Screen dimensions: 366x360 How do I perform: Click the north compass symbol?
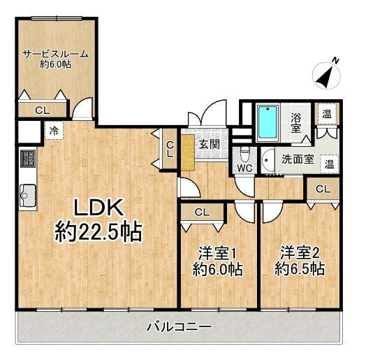coord(327,75)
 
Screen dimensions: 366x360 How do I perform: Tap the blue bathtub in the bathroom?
coord(268,122)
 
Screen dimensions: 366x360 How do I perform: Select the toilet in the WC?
coord(244,155)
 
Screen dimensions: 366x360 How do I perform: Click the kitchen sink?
coord(28,195)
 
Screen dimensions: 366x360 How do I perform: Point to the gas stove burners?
coord(28,159)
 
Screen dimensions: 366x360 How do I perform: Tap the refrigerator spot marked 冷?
coord(54,131)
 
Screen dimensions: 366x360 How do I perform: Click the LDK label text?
coord(98,207)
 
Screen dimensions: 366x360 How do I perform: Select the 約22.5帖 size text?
coord(98,232)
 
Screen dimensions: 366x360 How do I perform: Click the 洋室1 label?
coord(217,254)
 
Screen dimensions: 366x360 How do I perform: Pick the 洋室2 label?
coord(300,254)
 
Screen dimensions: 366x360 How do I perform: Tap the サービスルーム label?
coord(56,55)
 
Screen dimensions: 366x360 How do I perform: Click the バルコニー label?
coord(180,327)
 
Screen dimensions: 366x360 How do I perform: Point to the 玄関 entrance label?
coord(210,144)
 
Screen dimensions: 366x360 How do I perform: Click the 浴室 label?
coord(296,123)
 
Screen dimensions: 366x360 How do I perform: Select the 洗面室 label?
coord(298,159)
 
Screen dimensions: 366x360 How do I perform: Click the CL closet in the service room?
coord(43,110)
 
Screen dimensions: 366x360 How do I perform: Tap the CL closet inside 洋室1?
coord(202,213)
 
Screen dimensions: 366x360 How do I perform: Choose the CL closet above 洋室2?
coord(323,189)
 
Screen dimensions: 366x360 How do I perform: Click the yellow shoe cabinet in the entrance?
coord(188,152)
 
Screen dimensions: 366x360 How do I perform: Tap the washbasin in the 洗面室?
coord(267,160)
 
